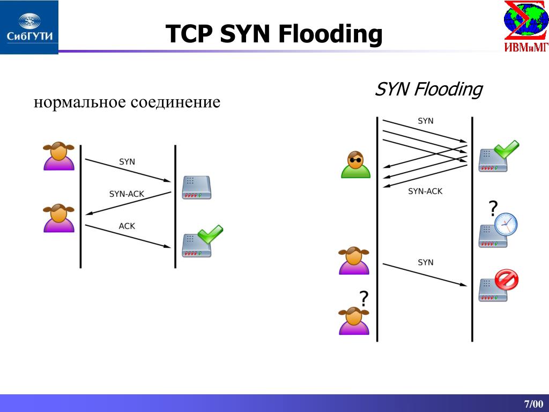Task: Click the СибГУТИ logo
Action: click(x=29, y=27)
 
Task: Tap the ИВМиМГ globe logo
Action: click(x=526, y=26)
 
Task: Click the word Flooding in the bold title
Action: click(x=330, y=34)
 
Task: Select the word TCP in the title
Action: click(x=189, y=34)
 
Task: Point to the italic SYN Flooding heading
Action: click(x=428, y=90)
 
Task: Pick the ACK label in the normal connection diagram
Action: click(x=127, y=226)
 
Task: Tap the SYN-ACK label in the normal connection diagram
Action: click(x=127, y=194)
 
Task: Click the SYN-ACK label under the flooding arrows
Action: click(x=425, y=192)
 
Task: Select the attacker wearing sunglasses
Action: click(x=356, y=165)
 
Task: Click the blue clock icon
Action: click(x=506, y=224)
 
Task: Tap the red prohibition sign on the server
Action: click(x=506, y=279)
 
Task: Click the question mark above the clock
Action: click(x=493, y=209)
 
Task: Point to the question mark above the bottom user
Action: click(x=364, y=298)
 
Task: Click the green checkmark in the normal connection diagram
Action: click(x=210, y=234)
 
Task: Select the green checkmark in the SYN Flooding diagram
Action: click(x=506, y=149)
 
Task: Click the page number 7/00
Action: click(x=533, y=403)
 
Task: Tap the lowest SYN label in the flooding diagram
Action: click(x=425, y=262)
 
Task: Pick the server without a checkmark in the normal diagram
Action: click(x=196, y=187)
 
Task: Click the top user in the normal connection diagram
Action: click(x=59, y=156)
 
